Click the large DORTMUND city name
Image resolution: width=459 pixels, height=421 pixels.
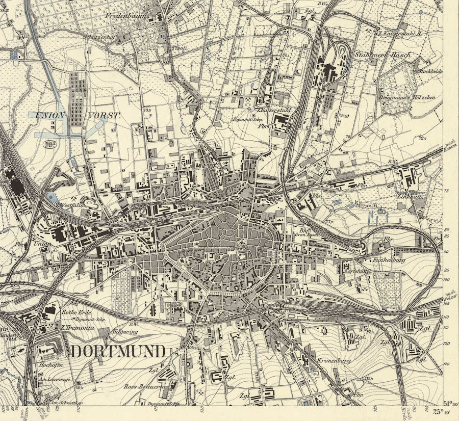coord(118,351)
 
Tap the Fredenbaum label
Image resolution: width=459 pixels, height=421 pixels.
coord(126,16)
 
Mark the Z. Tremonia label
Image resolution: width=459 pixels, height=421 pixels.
coord(78,328)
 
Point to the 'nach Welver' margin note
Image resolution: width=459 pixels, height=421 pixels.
coord(449,296)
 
